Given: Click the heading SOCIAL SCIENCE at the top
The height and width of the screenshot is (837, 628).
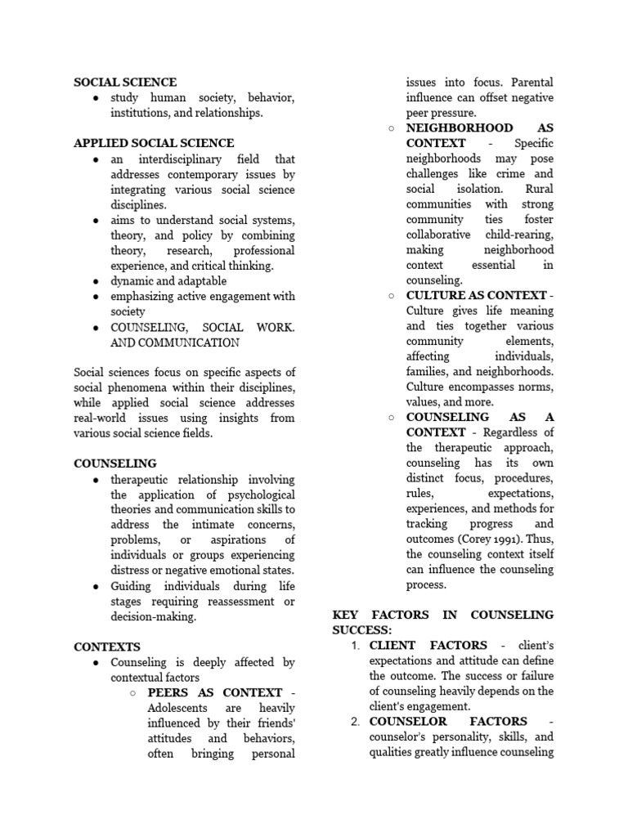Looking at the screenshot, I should (x=125, y=83).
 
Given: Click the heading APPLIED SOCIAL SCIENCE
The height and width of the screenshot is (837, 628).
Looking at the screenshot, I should (x=154, y=143).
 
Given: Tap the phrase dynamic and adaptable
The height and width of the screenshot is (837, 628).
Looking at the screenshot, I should (x=169, y=281).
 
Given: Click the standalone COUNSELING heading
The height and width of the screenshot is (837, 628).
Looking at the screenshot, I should (x=115, y=463).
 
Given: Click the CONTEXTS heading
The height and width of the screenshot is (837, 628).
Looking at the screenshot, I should (x=107, y=647).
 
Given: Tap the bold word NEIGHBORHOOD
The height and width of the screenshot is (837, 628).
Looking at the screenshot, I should (x=460, y=128).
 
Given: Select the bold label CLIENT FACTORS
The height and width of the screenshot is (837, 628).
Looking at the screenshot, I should (x=428, y=646).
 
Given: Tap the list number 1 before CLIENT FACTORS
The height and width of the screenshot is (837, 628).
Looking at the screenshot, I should (x=355, y=646).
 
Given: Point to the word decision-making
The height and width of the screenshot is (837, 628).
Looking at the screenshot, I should (x=154, y=616).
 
